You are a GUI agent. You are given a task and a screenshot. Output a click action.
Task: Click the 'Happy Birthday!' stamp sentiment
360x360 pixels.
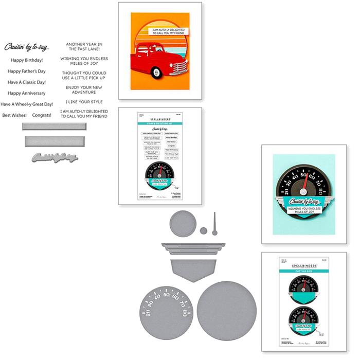(x=26, y=60)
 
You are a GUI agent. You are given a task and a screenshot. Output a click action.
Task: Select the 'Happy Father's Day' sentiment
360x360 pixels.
(x=27, y=71)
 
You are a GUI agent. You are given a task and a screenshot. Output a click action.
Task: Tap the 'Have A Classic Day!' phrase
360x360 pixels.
(x=27, y=82)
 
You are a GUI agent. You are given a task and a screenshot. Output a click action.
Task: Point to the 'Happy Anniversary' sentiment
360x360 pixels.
(x=27, y=94)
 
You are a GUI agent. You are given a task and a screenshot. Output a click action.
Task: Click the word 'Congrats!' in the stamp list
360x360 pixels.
(x=42, y=115)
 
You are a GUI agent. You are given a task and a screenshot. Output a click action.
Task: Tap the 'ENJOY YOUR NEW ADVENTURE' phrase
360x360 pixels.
(x=84, y=91)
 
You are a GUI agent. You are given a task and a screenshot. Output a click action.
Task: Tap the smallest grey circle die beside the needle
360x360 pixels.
(x=204, y=230)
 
